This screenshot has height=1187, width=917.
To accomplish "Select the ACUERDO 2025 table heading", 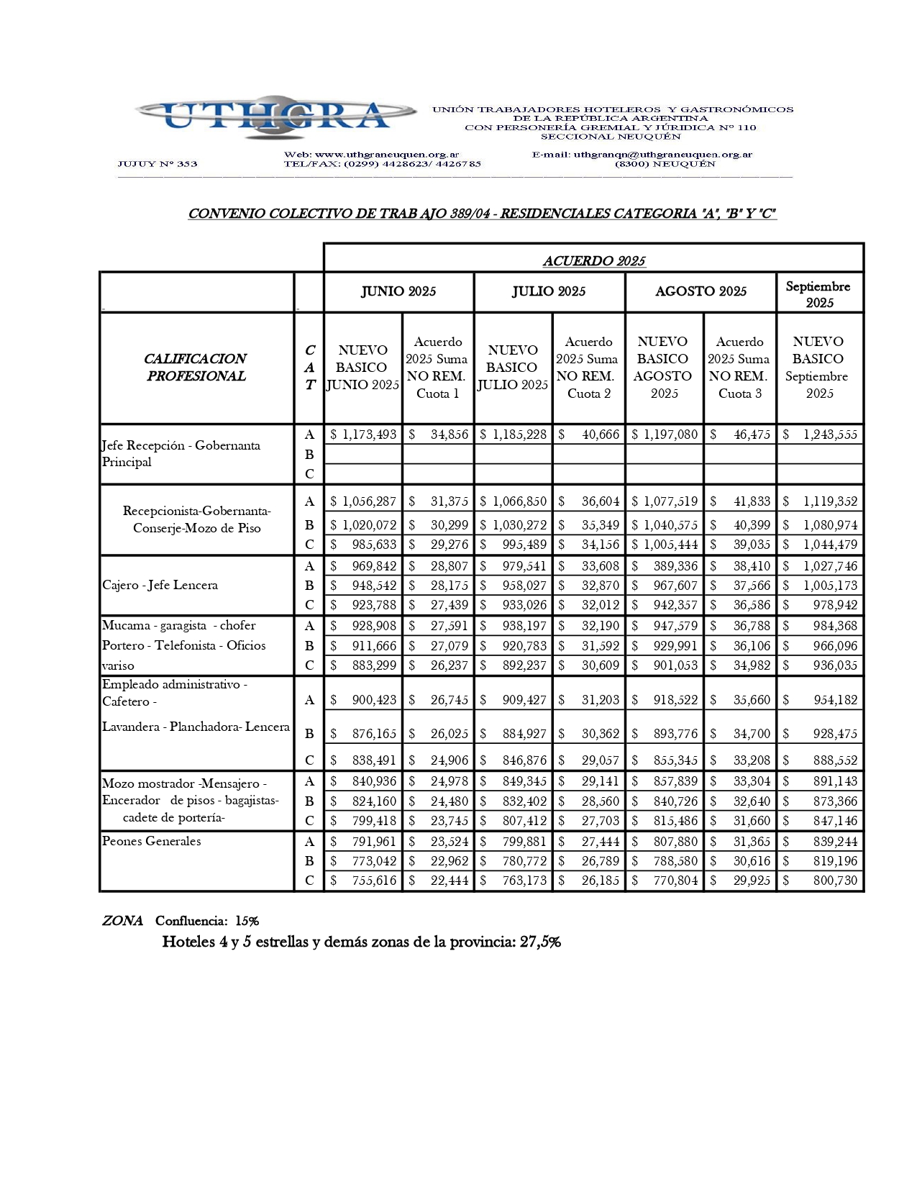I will [593, 260].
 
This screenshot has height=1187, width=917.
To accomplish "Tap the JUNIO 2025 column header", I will [398, 291].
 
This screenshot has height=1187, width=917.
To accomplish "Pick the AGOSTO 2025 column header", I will [701, 291].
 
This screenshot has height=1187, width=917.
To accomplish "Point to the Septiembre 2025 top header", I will [818, 294].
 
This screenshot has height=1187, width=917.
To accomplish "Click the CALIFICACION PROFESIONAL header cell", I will [196, 367].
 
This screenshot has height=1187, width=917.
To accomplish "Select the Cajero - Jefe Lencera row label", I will [160, 585].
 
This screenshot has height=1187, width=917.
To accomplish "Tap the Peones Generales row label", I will [151, 841].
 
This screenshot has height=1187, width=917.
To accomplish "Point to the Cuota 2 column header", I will [588, 368].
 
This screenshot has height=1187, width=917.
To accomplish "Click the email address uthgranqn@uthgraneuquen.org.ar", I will [662, 155].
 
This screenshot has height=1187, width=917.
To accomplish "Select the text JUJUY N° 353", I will [158, 164].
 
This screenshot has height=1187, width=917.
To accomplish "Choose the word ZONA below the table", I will [122, 921].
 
